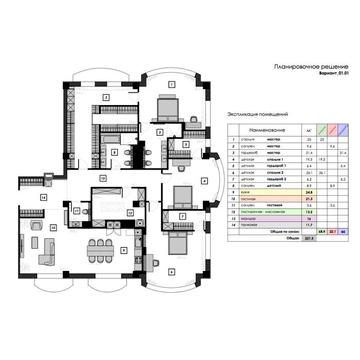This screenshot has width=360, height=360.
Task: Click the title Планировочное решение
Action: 306,66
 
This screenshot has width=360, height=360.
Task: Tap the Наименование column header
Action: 259,130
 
